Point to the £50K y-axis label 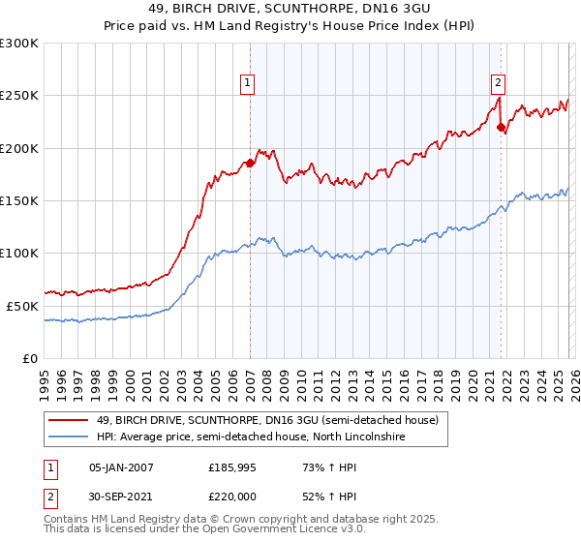point(22,306)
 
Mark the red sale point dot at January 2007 point(250,163)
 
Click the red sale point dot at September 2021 point(501,127)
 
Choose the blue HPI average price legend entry point(251,437)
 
